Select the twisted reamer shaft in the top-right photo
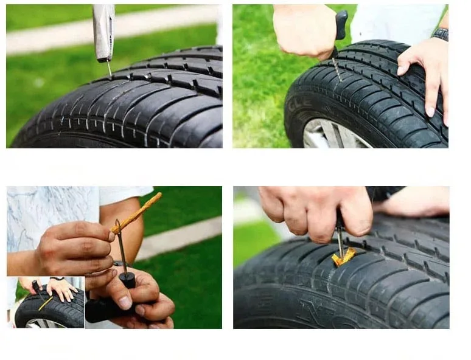336,67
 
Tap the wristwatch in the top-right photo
440,33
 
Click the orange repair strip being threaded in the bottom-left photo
138,212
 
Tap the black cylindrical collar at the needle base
127,279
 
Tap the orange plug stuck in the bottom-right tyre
343,258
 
